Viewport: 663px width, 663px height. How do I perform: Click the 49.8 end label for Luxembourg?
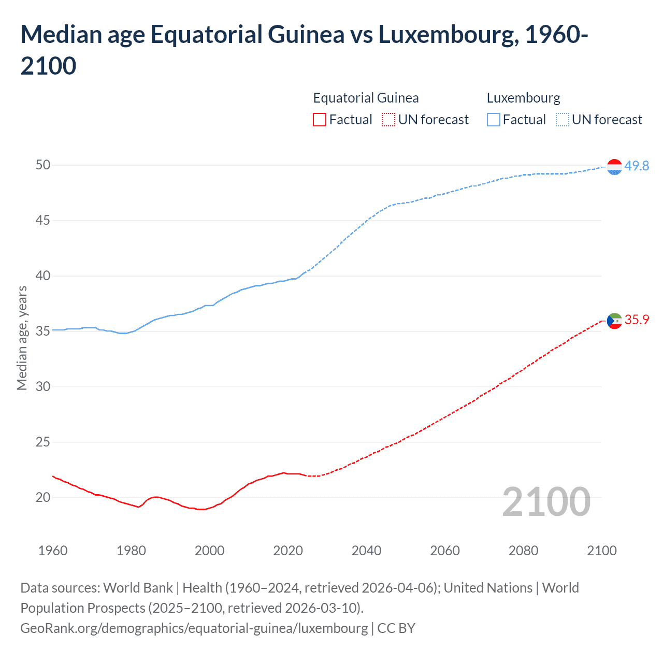tap(637, 166)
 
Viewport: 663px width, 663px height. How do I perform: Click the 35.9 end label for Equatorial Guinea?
tap(637, 320)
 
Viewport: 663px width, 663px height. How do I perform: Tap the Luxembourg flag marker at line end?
tap(614, 167)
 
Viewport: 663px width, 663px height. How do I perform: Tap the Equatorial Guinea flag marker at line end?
tap(614, 321)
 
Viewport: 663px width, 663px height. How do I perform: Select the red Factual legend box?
tap(320, 120)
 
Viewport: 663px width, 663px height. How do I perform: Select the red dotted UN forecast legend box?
tap(388, 120)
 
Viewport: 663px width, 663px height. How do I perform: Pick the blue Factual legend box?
tap(494, 120)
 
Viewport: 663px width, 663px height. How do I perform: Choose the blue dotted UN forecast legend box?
tap(563, 120)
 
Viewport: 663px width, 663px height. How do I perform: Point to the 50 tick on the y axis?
tap(43, 165)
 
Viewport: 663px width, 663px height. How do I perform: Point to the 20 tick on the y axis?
tap(43, 497)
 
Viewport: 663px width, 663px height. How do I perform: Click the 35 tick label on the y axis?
tap(43, 331)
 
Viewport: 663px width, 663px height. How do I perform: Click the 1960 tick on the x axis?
tap(53, 551)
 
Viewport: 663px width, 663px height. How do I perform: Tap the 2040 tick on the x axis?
tap(367, 551)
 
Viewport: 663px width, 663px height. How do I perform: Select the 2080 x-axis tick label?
tap(523, 551)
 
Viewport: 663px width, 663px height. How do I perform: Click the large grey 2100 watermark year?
tap(546, 501)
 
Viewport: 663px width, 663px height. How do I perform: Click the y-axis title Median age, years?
tap(22, 338)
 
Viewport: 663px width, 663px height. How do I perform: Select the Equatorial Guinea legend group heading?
tap(366, 98)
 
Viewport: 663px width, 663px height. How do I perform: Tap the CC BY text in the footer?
tap(396, 628)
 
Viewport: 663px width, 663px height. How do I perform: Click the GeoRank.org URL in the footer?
tap(194, 628)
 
